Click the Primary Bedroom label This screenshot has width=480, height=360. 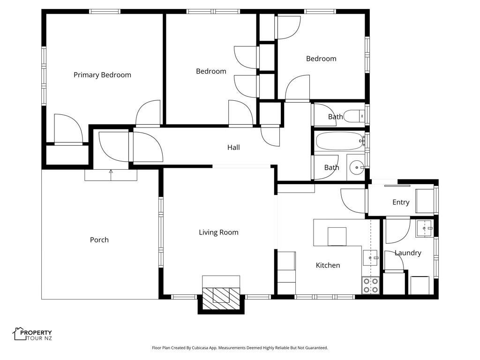(x=102, y=75)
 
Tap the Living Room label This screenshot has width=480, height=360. (x=218, y=232)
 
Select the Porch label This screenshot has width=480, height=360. (x=99, y=240)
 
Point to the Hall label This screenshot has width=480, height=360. (x=233, y=147)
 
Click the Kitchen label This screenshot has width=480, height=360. (x=328, y=265)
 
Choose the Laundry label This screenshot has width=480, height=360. (x=408, y=253)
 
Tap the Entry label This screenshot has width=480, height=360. (x=401, y=202)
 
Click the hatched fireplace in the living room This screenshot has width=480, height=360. (x=221, y=299)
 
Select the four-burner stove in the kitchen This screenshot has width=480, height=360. (x=371, y=285)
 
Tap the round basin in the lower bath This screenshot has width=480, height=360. (x=356, y=167)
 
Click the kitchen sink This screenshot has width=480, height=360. (x=370, y=258)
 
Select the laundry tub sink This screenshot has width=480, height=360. (x=424, y=228)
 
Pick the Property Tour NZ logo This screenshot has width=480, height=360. (x=32, y=334)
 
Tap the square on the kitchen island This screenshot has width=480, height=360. (x=337, y=237)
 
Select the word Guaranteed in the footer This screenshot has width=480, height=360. (x=315, y=348)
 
